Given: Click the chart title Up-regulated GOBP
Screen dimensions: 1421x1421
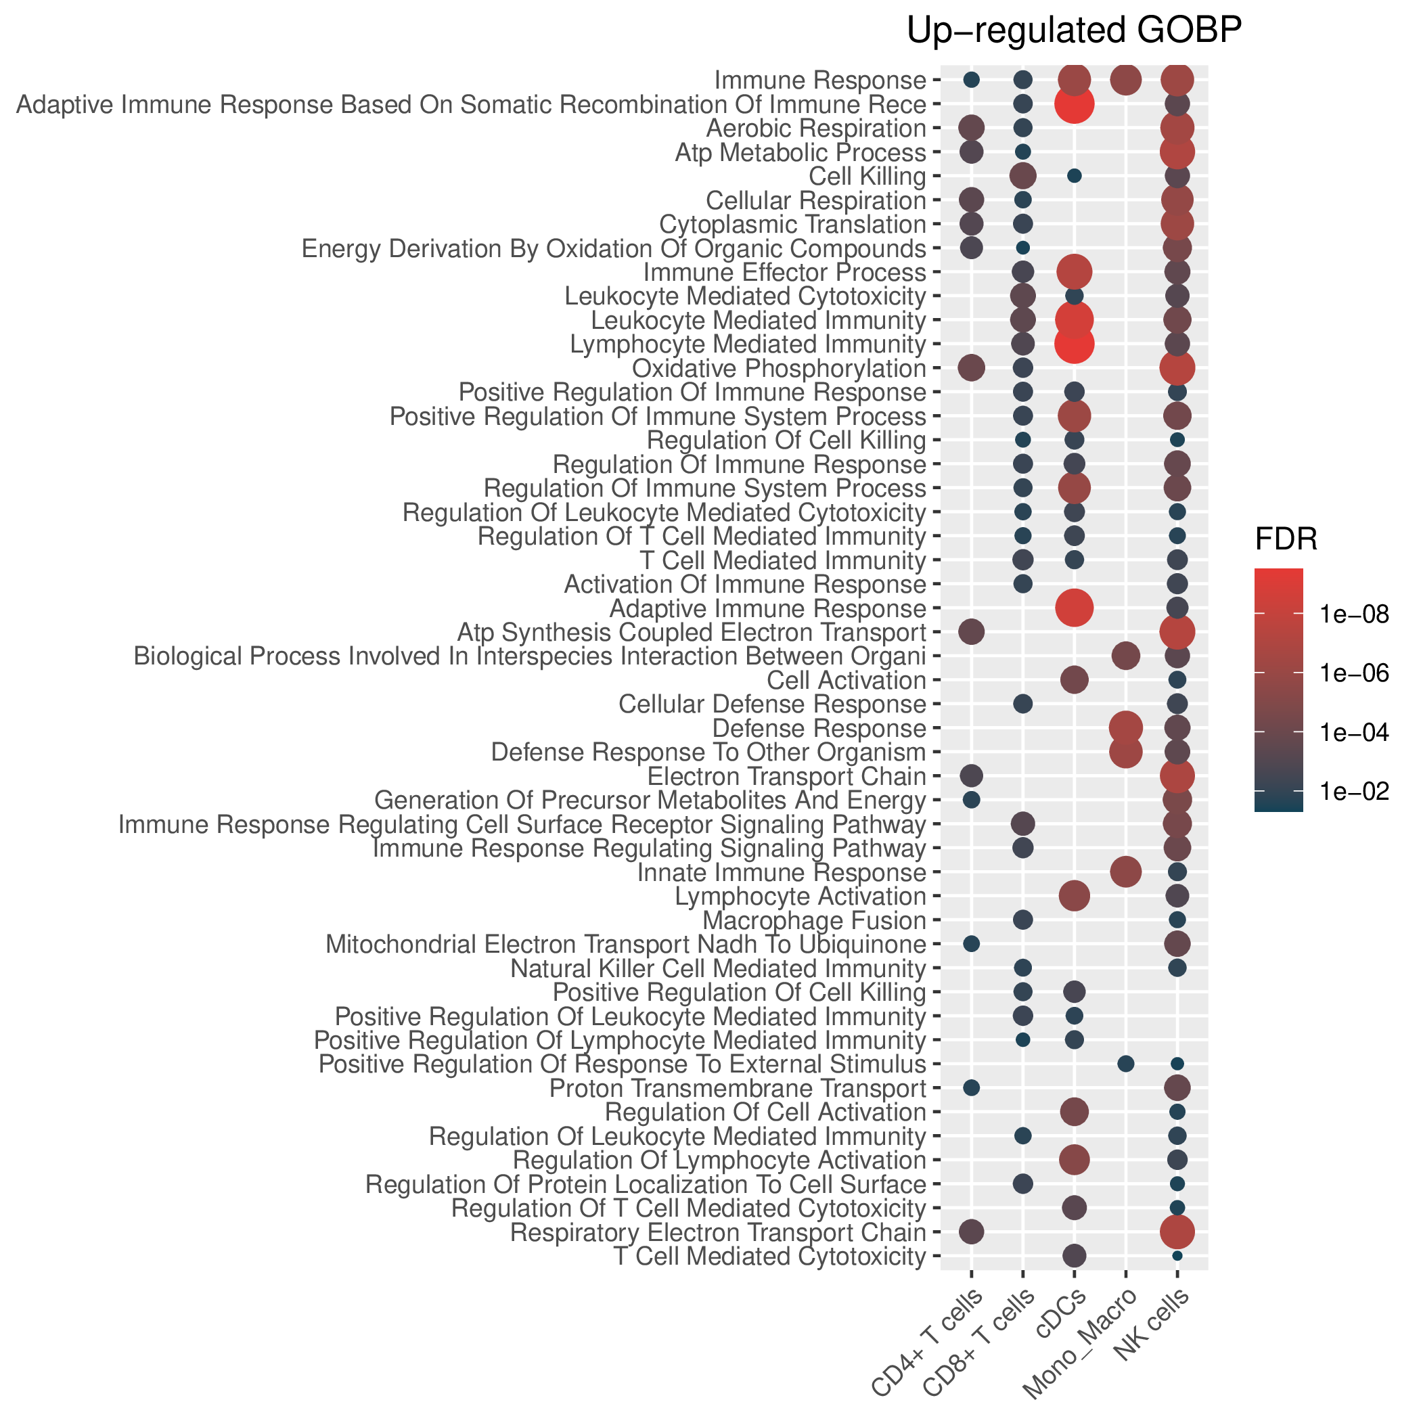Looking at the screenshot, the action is click(1075, 32).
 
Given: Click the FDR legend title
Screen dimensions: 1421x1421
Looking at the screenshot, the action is click(1286, 541).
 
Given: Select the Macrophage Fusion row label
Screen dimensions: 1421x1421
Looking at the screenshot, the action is click(814, 920).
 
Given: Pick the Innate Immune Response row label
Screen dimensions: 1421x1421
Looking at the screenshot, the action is click(781, 872).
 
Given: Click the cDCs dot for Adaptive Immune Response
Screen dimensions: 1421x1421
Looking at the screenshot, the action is click(1074, 608).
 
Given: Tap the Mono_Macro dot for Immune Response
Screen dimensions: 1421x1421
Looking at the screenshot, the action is click(1125, 79).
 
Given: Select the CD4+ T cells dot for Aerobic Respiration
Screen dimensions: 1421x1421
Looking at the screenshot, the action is click(971, 128).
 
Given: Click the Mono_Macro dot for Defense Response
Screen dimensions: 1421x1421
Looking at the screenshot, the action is click(1125, 728).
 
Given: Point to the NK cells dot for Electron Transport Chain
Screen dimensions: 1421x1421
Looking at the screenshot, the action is click(1177, 776).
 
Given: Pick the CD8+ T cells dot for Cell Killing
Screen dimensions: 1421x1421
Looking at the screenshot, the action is click(1022, 176).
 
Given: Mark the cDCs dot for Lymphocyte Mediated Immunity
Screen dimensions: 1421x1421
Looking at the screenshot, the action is click(1074, 344).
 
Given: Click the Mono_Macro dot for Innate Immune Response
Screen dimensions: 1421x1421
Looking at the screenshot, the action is click(1125, 872).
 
